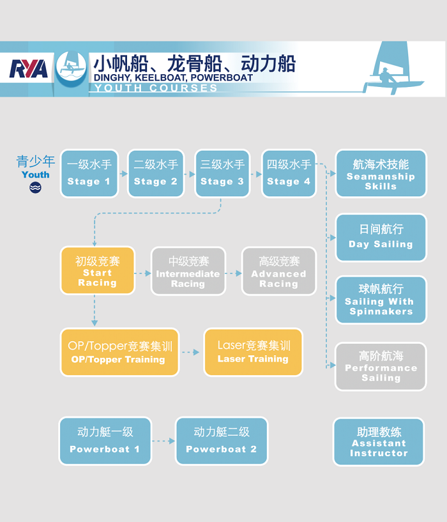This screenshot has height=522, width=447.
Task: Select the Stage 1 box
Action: [89, 173]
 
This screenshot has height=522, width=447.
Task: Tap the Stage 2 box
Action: [156, 173]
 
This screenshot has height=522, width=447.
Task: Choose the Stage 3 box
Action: [222, 173]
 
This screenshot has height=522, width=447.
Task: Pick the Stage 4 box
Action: [289, 173]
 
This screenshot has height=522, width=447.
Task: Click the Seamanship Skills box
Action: [381, 174]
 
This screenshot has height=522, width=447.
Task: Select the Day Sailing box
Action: [381, 237]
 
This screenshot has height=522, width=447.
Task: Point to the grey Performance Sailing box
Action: [381, 366]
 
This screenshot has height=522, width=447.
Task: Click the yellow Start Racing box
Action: [98, 271]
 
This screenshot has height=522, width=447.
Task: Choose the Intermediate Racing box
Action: [188, 271]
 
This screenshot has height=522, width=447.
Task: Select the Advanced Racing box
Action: [278, 271]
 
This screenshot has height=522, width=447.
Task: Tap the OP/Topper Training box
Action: [119, 352]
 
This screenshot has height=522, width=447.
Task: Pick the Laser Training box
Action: [253, 352]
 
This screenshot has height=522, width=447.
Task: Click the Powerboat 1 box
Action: [105, 441]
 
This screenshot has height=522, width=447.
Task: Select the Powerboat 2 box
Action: [221, 441]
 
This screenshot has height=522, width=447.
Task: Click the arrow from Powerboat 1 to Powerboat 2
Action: [163, 441]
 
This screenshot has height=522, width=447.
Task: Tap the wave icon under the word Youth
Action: [35, 187]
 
